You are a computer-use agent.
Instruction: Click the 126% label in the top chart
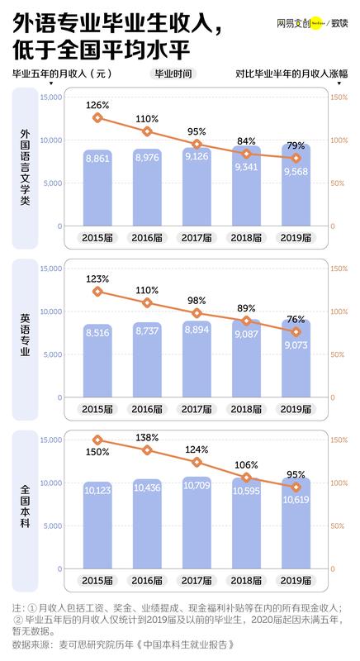[x=97, y=105]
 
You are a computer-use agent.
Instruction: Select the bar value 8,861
[x=97, y=188]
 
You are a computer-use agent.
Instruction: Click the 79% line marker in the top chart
[x=296, y=158]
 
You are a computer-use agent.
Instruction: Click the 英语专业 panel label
[x=25, y=334]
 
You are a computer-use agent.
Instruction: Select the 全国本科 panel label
[x=25, y=505]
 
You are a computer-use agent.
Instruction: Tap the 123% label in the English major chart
[x=97, y=278]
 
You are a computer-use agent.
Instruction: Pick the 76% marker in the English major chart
[x=296, y=332]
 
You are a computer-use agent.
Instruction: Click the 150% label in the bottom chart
[x=97, y=452]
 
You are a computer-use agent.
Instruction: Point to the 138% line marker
[x=147, y=450]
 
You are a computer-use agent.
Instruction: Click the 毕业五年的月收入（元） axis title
[x=61, y=74]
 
